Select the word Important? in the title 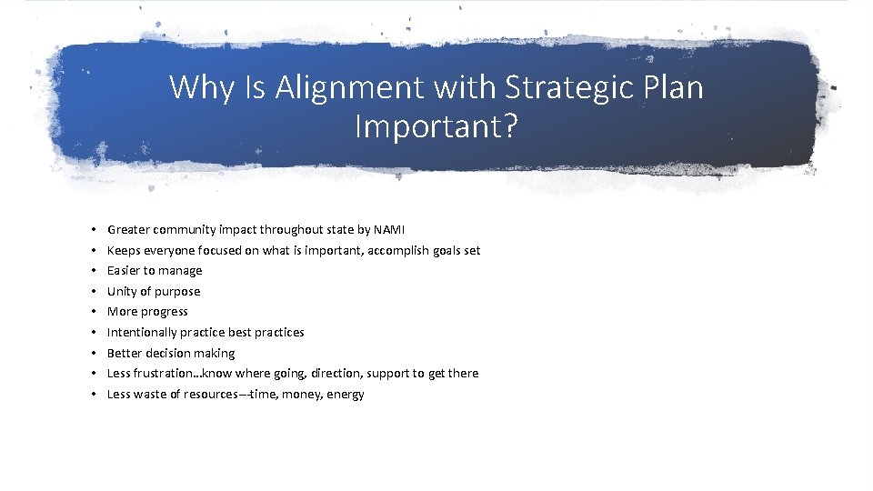tap(436, 126)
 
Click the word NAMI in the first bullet tap(388, 229)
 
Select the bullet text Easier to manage tap(155, 270)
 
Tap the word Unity tap(122, 291)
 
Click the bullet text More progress tap(147, 311)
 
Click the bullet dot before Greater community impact tap(93, 229)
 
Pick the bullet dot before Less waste tap(93, 394)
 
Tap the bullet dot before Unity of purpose tap(93, 291)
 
